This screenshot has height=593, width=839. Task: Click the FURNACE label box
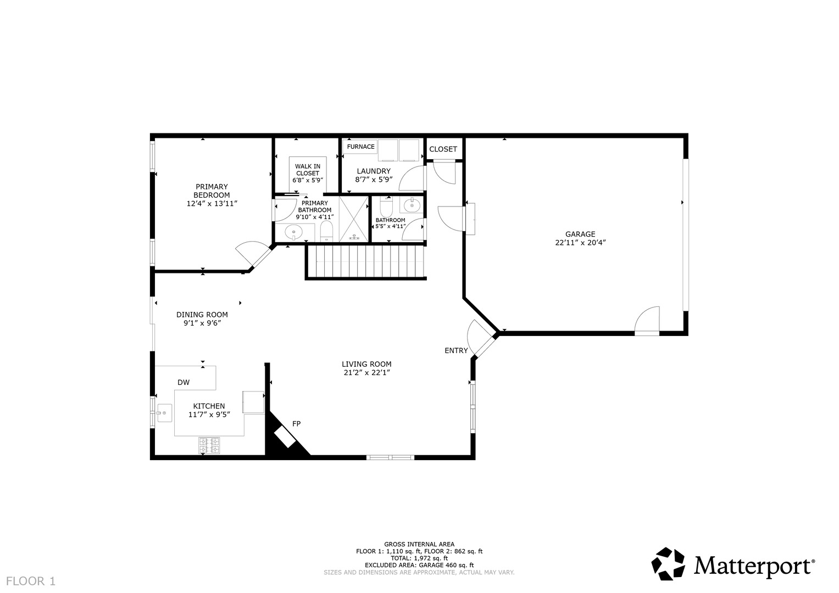point(360,147)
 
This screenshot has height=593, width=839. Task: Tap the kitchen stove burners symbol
point(209,445)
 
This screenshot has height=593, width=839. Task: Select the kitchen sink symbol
point(164,413)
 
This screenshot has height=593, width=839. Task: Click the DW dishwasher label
point(184,382)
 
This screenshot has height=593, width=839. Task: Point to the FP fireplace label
point(296,424)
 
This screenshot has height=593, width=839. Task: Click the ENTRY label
point(456,350)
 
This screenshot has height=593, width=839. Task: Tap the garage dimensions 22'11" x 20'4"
point(580,243)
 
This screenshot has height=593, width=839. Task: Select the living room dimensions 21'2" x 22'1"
point(366,372)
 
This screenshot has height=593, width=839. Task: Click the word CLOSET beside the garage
point(443,149)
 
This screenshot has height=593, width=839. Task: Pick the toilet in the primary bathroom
point(326,231)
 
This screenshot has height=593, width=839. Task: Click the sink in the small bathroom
point(412,205)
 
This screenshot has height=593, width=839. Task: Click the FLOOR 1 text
point(31,581)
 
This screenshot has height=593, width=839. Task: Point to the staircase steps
point(366,261)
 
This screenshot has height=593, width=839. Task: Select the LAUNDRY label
point(374,171)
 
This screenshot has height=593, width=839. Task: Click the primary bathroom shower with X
point(354,219)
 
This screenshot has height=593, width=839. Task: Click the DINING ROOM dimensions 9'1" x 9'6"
point(202,323)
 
